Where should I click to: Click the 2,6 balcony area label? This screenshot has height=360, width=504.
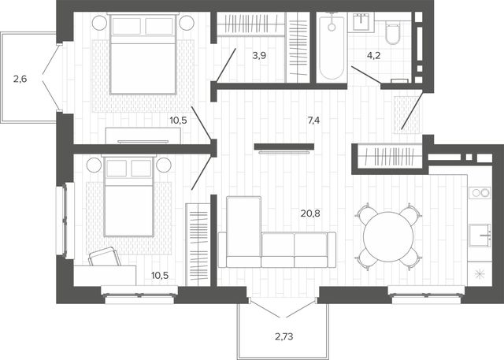pos(20,79)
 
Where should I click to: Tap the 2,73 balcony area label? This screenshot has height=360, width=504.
pos(284,336)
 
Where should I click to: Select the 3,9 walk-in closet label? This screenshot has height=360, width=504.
pos(259,56)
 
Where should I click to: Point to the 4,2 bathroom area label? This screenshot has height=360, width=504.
pos(374,56)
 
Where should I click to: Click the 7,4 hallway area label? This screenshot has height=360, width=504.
pos(313,121)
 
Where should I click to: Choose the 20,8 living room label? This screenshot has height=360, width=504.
pos(310,213)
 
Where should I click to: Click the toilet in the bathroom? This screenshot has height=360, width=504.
pos(392,32)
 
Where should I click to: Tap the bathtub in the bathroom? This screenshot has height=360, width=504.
pos(332,47)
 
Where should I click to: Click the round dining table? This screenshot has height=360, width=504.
pos(388,237)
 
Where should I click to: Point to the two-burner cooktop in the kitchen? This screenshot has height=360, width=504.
pos(480,192)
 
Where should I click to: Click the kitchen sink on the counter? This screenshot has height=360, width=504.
pos(480,236)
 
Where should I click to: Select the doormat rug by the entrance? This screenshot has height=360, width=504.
pos(406,114)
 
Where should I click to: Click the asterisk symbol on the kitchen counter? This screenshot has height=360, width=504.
pos(480,273)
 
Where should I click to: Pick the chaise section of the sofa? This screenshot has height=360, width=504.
pos(243,232)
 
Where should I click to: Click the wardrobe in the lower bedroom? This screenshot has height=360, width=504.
pos(198,244)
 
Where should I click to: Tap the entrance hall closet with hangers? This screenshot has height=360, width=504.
pos(390,156)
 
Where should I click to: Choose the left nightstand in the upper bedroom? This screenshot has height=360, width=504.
pos(99,23)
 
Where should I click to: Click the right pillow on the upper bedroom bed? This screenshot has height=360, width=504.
pos(159,26)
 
